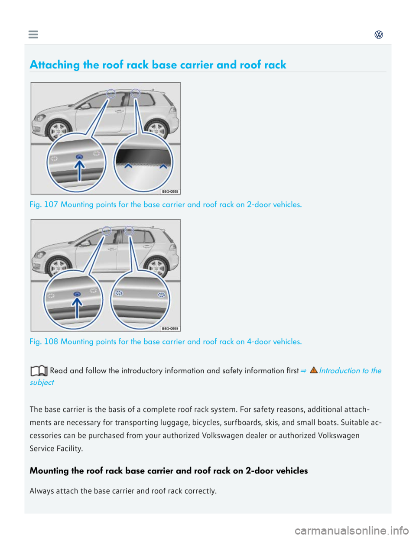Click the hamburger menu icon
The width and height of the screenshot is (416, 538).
coord(33,35)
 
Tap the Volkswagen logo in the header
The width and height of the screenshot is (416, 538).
coord(379,35)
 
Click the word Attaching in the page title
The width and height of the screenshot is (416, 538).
coord(55,65)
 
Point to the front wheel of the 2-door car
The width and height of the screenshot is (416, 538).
coord(58,130)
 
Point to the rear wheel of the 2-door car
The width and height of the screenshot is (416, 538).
coord(156,129)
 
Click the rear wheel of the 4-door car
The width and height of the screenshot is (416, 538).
coord(156,266)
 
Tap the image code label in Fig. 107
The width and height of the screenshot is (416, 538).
coord(170,191)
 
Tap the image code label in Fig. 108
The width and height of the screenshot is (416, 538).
coord(170,329)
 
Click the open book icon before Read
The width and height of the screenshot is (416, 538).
coord(39,371)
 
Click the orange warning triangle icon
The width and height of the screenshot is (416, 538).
coord(314,370)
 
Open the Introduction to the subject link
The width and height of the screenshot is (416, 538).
coord(350,371)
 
